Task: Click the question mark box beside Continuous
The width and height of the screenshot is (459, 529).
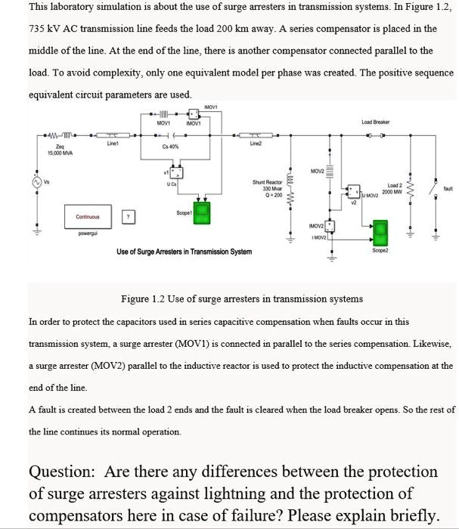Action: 129,216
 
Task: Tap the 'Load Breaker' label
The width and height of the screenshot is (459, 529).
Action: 376,121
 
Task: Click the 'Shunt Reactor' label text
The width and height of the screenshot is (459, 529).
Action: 268,181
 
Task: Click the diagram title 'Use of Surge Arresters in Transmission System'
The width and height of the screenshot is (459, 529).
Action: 184,251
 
